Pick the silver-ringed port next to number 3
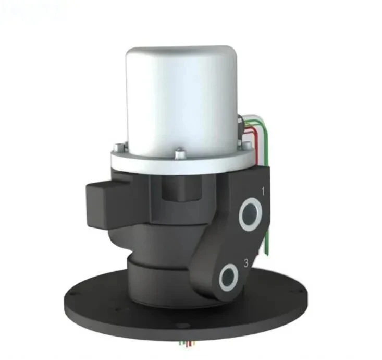[229, 277]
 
